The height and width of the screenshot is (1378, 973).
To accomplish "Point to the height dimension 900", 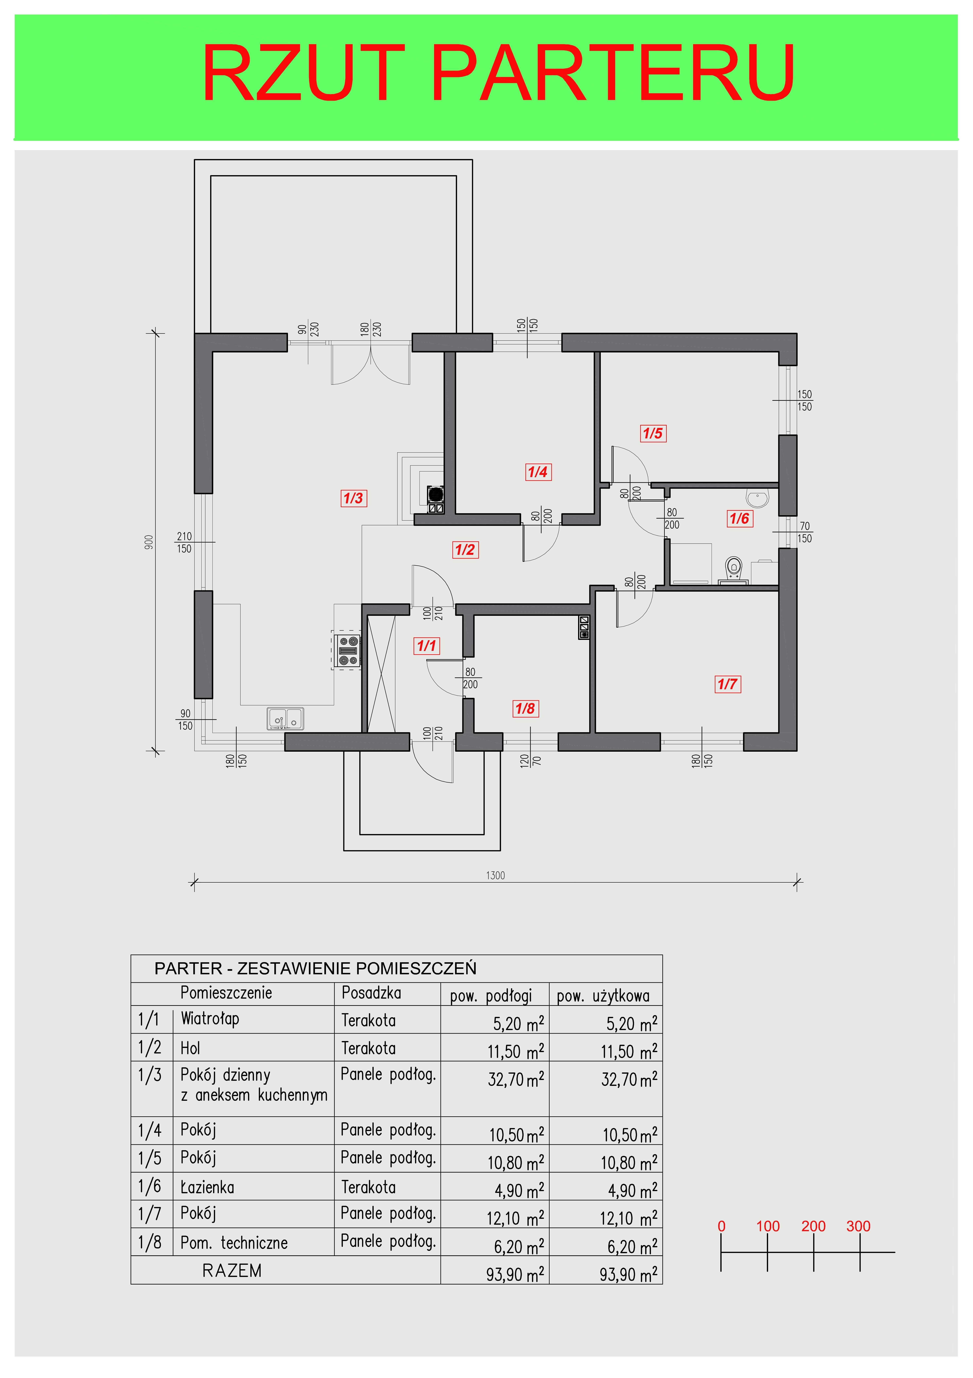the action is coord(149,542).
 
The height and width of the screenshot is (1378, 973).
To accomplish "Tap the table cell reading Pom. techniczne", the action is coord(234,1242).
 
